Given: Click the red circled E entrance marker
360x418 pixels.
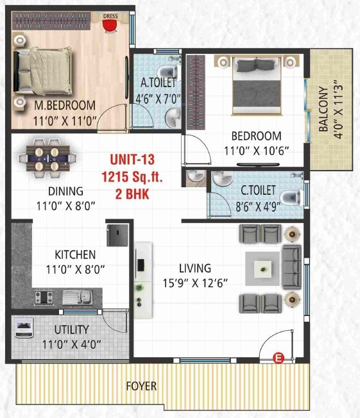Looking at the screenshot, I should pyautogui.click(x=278, y=358).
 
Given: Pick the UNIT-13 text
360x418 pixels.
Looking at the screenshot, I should pyautogui.click(x=132, y=159).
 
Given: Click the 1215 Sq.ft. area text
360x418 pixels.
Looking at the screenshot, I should pyautogui.click(x=132, y=177).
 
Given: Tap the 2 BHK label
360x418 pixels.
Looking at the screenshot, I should pyautogui.click(x=132, y=194).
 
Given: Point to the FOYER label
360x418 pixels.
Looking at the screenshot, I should pyautogui.click(x=142, y=387).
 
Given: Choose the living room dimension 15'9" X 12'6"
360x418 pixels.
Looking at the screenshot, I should pyautogui.click(x=196, y=282).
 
